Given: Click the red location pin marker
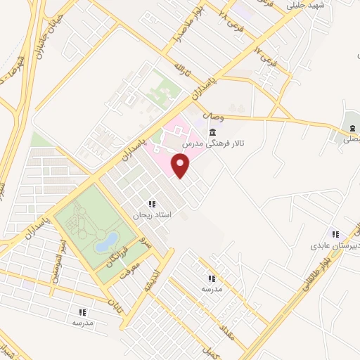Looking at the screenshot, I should [x=181, y=166].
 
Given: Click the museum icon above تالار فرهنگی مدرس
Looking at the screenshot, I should [x=212, y=132].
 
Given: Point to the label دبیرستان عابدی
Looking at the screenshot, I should [x=334, y=247].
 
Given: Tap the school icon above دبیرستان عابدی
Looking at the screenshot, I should [x=335, y=235].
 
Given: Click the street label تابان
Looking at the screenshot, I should [x=114, y=303].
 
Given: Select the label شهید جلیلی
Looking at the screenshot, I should [x=304, y=6].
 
